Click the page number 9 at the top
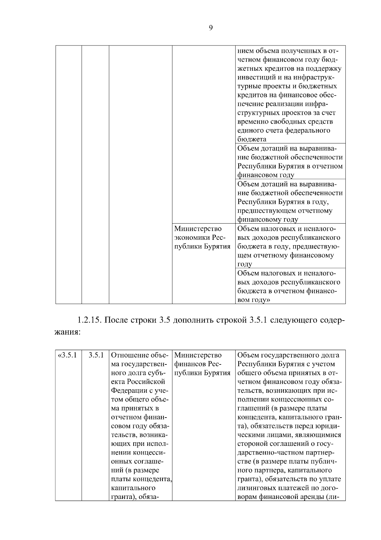pos(211,28)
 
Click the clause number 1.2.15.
pos(89,320)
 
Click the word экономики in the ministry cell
pos(192,238)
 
